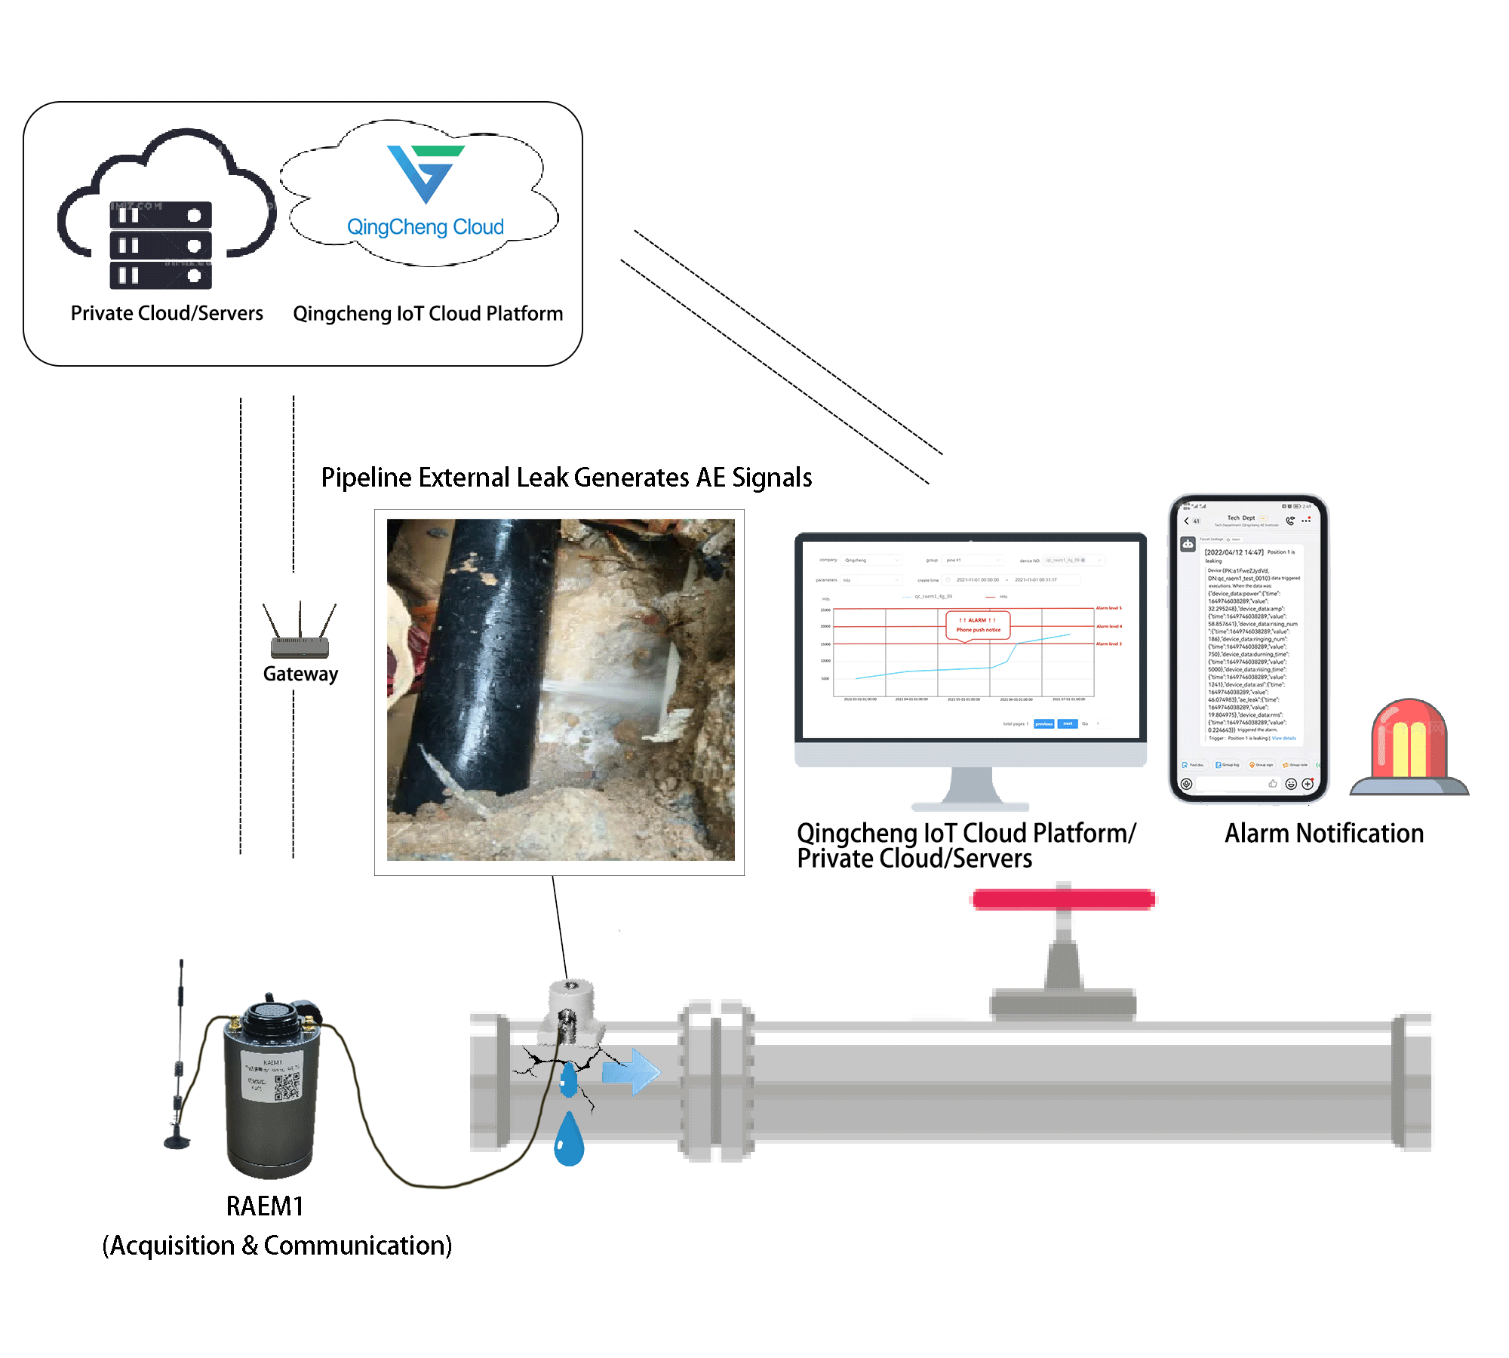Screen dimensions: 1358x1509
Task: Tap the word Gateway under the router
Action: pyautogui.click(x=300, y=674)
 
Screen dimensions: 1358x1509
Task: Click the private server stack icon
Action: pyautogui.click(x=161, y=245)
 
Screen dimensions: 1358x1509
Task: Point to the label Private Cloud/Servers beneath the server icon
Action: pyautogui.click(x=167, y=313)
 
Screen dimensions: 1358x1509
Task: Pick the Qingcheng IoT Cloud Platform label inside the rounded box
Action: pyautogui.click(x=428, y=314)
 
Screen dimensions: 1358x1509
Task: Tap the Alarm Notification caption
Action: pyautogui.click(x=1324, y=834)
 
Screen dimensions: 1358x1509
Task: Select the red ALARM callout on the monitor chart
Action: pyautogui.click(x=978, y=625)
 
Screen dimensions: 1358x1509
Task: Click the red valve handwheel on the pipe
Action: pyautogui.click(x=1063, y=899)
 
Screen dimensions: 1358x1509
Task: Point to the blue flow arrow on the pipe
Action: pyautogui.click(x=632, y=1071)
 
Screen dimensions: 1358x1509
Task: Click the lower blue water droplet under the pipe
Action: pyautogui.click(x=569, y=1140)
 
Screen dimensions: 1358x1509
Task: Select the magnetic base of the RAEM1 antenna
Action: pyautogui.click(x=177, y=1140)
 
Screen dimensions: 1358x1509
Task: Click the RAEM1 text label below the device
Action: pyautogui.click(x=265, y=1206)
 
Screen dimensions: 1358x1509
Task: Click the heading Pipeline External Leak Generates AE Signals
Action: pyautogui.click(x=567, y=478)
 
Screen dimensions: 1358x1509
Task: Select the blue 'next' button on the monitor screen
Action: pyautogui.click(x=1068, y=724)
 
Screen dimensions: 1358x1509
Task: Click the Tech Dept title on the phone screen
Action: pyautogui.click(x=1240, y=518)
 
